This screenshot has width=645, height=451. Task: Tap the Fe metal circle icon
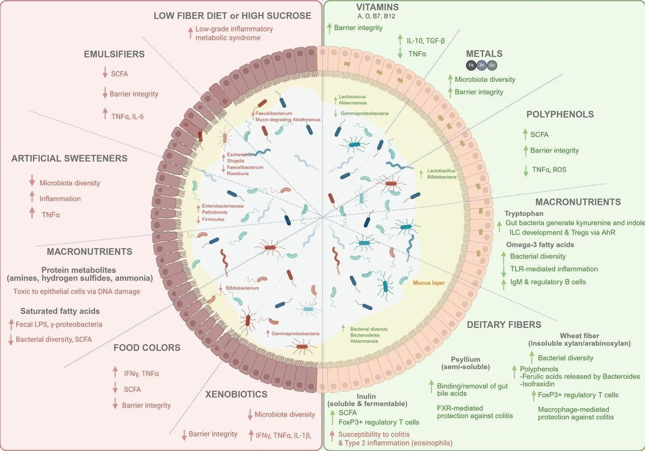(x=472, y=65)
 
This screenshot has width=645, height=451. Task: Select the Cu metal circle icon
(x=492, y=65)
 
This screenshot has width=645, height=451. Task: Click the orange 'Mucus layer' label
(x=428, y=283)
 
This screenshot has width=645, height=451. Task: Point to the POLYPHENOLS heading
(x=560, y=115)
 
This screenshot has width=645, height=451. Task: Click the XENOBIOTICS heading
(x=236, y=394)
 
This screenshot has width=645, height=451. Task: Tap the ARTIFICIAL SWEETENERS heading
(x=69, y=158)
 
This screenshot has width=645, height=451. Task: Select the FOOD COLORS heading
(x=147, y=348)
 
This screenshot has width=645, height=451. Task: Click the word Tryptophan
(x=524, y=214)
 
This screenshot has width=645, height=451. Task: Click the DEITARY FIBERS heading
(x=504, y=325)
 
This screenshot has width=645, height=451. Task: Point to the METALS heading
(x=484, y=54)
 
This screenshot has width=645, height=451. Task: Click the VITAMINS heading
(x=377, y=7)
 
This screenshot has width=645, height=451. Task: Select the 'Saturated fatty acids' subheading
(x=60, y=311)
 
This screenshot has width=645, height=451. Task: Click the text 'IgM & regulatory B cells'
(x=548, y=282)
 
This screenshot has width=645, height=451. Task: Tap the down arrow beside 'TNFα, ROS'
(x=525, y=170)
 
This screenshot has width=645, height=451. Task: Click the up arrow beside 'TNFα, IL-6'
(x=105, y=114)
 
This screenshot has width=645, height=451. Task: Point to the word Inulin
(x=366, y=396)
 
